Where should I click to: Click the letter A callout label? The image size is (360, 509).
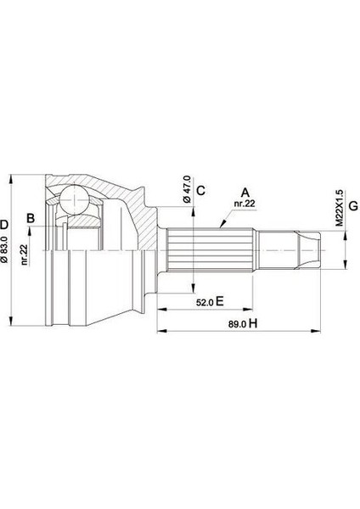pyautogui.click(x=245, y=192)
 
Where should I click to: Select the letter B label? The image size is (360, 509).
pyautogui.click(x=31, y=220)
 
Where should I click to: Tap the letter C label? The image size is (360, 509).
pyautogui.click(x=201, y=190)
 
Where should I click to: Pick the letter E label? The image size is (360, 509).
pyautogui.click(x=219, y=301)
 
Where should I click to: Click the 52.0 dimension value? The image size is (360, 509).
pyautogui.click(x=201, y=301)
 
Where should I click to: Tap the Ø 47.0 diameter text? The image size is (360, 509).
pyautogui.click(x=185, y=191)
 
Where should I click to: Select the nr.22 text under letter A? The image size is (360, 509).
pyautogui.click(x=245, y=204)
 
